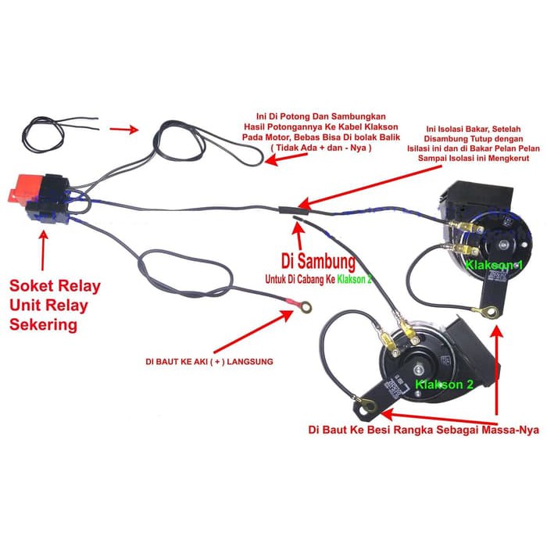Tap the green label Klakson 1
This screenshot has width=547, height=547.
pos(493,265)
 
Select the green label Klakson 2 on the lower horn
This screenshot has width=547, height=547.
pos(445,385)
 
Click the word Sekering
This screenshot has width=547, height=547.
pos(43,324)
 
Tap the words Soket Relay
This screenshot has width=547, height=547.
pos(54,286)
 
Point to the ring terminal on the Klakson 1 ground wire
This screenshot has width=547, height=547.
pos(489,313)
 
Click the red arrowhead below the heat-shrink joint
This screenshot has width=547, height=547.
pos(296,227)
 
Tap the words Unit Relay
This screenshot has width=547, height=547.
pos(48,306)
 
